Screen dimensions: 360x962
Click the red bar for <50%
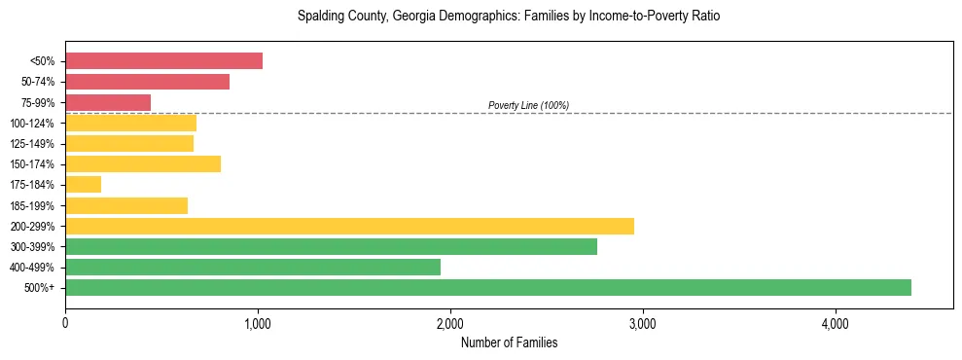coord(163,61)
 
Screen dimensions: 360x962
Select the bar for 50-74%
coord(147,82)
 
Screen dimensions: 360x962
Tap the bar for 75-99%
coord(108,102)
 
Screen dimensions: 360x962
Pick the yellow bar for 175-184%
coord(83,185)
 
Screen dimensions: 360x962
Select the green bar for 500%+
coord(487,287)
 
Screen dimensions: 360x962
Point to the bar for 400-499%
coord(253,267)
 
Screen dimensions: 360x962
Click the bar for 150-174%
coord(143,164)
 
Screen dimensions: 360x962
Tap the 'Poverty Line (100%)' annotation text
coord(528,105)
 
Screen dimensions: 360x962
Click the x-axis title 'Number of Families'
coord(509,342)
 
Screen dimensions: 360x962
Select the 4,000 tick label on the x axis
coord(836,323)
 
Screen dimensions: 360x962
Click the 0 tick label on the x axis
coord(65,323)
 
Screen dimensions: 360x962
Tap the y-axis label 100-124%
coord(32,124)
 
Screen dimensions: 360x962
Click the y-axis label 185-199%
coord(32,205)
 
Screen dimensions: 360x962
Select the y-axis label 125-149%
coord(32,144)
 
